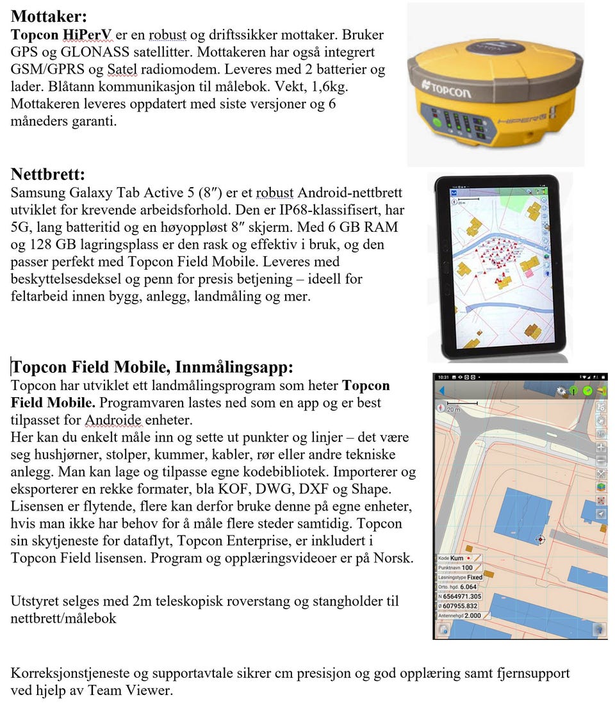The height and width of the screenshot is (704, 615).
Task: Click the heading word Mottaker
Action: [49, 17]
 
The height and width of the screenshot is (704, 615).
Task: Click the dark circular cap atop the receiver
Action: [493, 45]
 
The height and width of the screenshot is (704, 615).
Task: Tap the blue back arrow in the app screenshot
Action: [441, 391]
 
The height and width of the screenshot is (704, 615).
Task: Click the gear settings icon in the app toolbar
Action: [562, 390]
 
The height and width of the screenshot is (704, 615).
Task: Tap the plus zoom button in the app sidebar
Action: [601, 446]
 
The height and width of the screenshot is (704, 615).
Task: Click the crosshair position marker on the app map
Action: [540, 539]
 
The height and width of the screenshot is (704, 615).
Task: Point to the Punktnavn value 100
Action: [467, 568]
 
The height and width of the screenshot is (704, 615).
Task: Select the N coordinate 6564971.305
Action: [461, 596]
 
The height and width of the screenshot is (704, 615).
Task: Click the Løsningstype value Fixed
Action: [475, 577]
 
